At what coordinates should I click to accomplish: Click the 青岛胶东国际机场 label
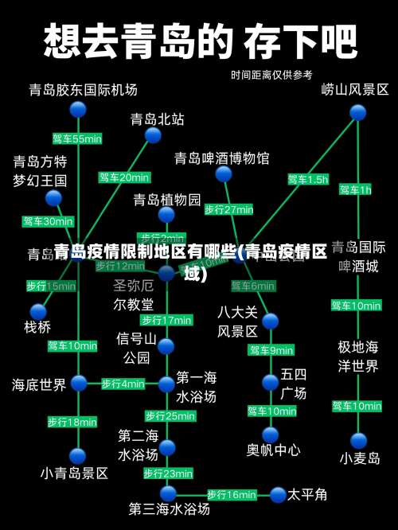pos(84,89)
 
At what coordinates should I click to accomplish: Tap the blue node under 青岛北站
pos(153,135)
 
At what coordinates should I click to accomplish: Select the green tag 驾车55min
pos(77,138)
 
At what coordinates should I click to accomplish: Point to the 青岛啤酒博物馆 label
pos(222,158)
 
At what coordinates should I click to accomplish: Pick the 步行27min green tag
pos(229,209)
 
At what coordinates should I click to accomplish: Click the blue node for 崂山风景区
pos(357,112)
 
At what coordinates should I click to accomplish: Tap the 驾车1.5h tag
pos(308,179)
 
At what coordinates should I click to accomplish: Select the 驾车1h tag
pos(355,189)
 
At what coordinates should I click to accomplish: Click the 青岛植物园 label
pos(167,198)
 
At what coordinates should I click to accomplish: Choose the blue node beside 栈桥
pos(38,311)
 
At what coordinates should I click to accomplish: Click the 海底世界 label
pos(39,384)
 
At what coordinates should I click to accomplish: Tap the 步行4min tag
pos(123,384)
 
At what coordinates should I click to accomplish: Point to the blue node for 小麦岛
pos(359,441)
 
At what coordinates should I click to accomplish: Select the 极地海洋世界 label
pos(358,357)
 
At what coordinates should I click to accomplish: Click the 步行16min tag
pos(232,494)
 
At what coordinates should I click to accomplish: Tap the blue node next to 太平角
pos(277,494)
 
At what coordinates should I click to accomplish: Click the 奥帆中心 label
pos(273,450)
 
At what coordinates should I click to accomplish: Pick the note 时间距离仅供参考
pos(271,75)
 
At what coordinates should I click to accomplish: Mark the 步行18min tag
pos(72,421)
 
